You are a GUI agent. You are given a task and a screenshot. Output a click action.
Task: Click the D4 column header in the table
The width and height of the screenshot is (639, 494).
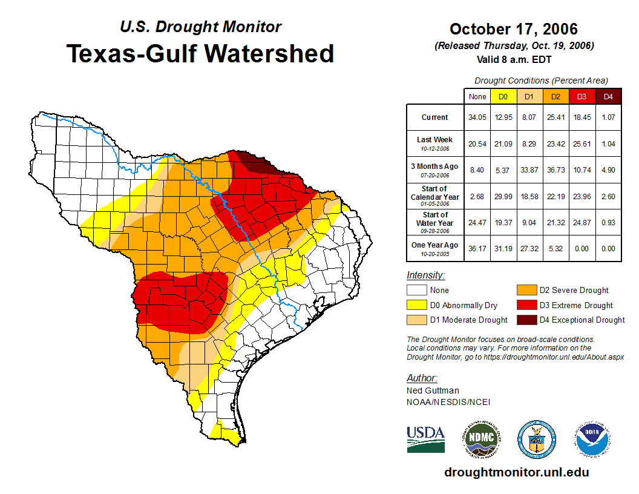(608, 97)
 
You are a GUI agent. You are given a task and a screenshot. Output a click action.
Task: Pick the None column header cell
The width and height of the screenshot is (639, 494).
(477, 97)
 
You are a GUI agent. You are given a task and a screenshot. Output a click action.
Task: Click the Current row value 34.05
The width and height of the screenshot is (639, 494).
(477, 117)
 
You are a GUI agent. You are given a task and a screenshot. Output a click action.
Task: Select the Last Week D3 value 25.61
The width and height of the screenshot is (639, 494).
(582, 143)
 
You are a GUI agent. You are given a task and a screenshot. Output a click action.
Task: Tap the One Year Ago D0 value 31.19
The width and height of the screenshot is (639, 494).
(503, 248)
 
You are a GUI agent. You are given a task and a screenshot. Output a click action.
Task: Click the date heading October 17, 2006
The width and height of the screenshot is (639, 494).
(514, 29)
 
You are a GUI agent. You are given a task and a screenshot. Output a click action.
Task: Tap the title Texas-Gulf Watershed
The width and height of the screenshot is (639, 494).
(200, 54)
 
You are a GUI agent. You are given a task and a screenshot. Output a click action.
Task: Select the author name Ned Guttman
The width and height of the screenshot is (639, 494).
(433, 390)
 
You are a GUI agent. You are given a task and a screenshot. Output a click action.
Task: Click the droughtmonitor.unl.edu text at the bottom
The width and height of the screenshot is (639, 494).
(516, 472)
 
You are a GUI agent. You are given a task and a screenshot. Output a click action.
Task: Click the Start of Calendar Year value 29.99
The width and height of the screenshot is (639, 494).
(503, 196)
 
